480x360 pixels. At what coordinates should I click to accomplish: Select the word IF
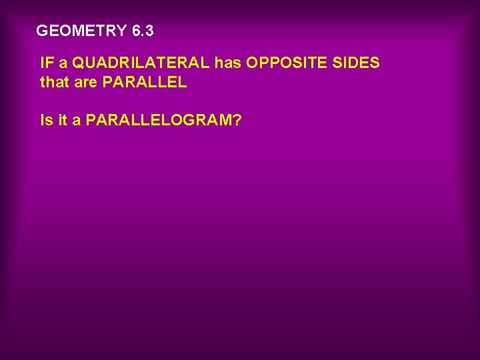47,63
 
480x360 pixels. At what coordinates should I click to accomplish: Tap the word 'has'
228,63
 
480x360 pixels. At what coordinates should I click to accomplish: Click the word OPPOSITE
289,63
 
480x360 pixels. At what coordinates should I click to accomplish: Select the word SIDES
358,63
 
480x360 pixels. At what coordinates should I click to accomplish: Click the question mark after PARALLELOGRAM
237,121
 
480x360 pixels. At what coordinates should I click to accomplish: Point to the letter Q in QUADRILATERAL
79,63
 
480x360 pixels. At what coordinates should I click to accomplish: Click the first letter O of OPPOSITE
252,63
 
